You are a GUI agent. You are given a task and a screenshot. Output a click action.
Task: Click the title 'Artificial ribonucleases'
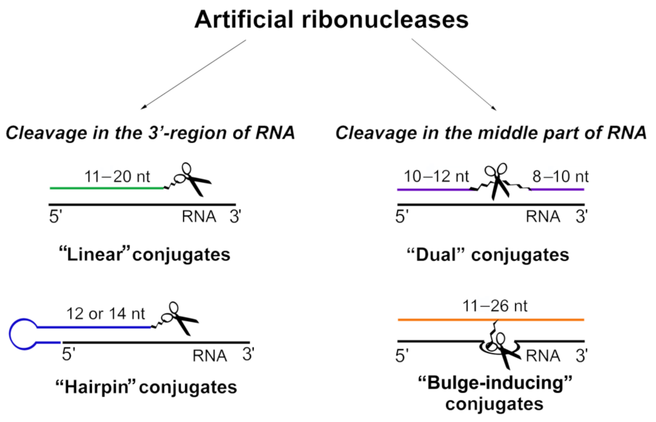pyautogui.click(x=331, y=20)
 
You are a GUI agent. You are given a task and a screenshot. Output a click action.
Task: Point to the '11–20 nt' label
pyautogui.click(x=117, y=176)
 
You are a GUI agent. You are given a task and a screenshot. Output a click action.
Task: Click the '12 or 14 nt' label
pyautogui.click(x=105, y=313)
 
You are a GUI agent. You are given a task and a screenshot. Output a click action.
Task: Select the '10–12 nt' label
pyautogui.click(x=436, y=176)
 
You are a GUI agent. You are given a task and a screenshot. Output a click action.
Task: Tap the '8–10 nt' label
pyautogui.click(x=560, y=176)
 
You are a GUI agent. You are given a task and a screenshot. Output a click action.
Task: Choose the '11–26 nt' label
pyautogui.click(x=495, y=306)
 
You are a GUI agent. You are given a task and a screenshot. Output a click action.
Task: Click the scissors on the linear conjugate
pyautogui.click(x=192, y=180)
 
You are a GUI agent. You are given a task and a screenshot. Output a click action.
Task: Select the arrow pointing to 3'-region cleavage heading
pyautogui.click(x=193, y=75)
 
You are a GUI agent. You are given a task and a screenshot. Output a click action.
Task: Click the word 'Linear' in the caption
pyautogui.click(x=94, y=255)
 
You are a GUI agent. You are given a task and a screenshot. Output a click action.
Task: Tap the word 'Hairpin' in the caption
pyautogui.click(x=96, y=387)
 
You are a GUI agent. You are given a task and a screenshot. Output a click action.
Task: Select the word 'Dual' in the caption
pyautogui.click(x=436, y=255)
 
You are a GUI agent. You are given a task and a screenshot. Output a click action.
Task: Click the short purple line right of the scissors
pyautogui.click(x=558, y=189)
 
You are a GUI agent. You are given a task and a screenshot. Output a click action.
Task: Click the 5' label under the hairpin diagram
pyautogui.click(x=69, y=354)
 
